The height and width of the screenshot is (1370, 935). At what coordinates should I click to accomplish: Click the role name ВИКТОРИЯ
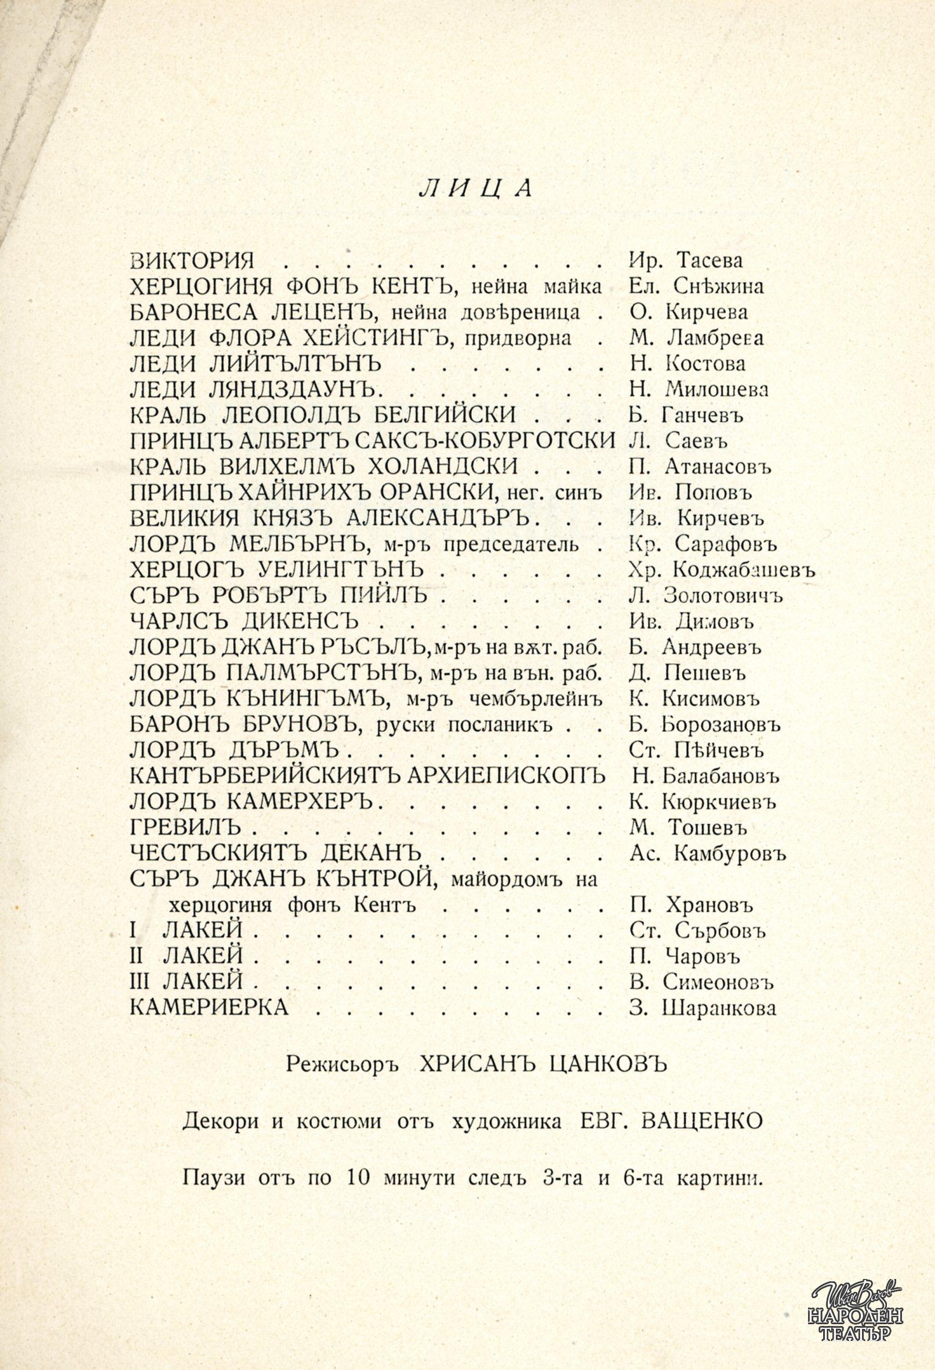click(x=192, y=261)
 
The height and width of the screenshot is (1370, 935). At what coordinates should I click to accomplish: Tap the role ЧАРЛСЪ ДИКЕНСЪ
click(x=244, y=621)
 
